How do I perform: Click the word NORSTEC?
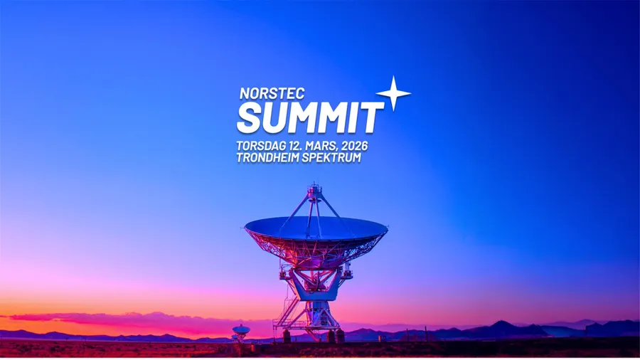272,93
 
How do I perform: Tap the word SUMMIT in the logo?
310,117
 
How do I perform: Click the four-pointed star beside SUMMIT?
393,93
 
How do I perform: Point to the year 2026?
355,146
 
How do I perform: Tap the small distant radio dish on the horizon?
241,332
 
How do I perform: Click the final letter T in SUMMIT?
372,118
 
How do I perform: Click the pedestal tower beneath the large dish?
317,315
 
